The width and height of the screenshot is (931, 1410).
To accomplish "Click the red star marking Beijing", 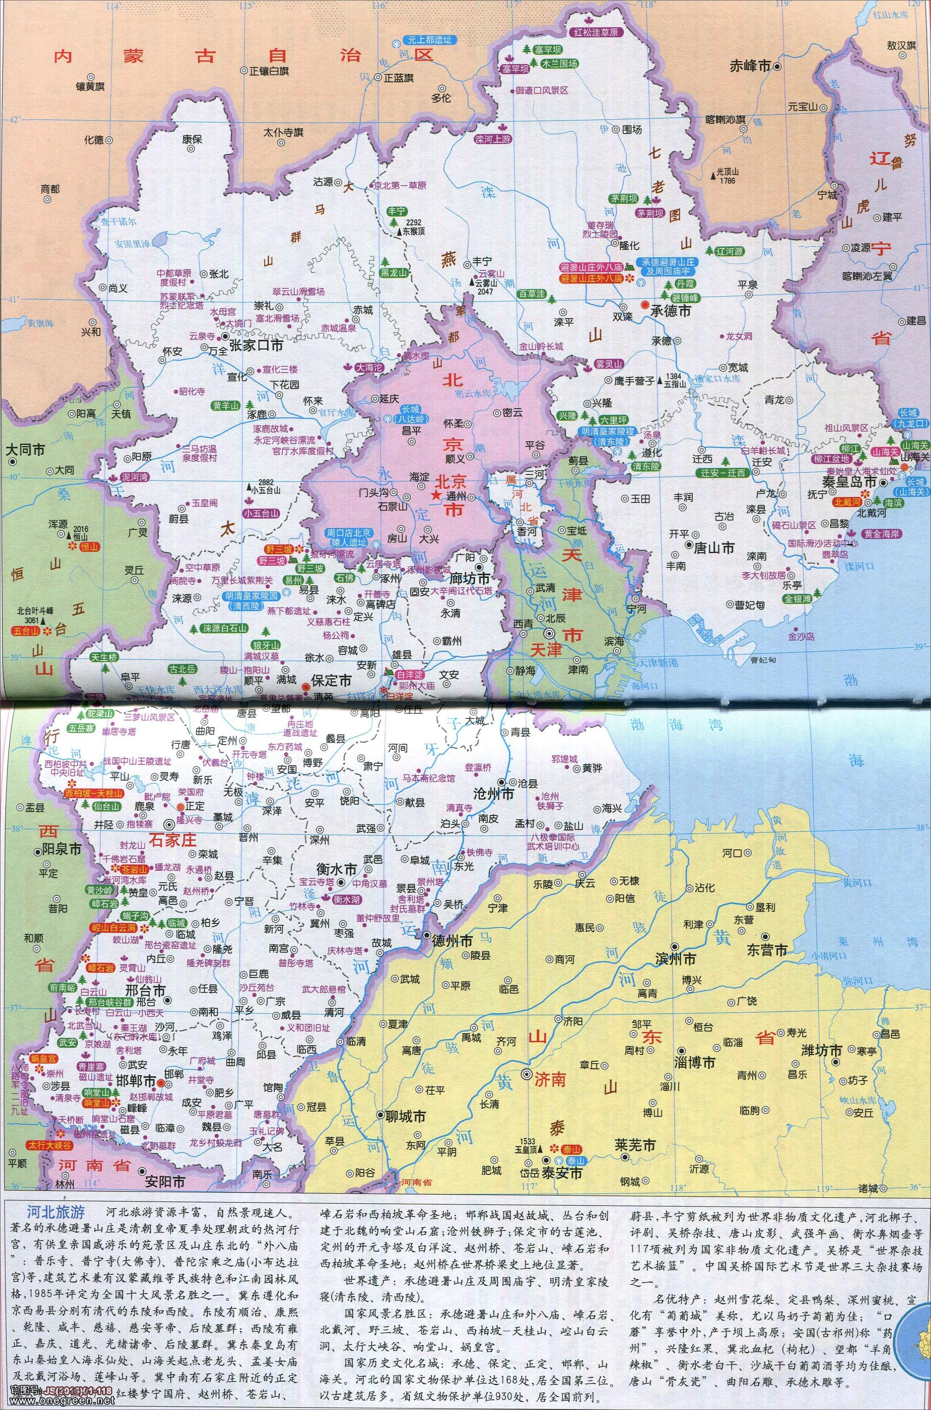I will [436, 495].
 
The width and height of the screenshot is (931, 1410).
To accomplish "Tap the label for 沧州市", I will [492, 794].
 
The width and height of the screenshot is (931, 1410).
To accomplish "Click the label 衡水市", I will [337, 869].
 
